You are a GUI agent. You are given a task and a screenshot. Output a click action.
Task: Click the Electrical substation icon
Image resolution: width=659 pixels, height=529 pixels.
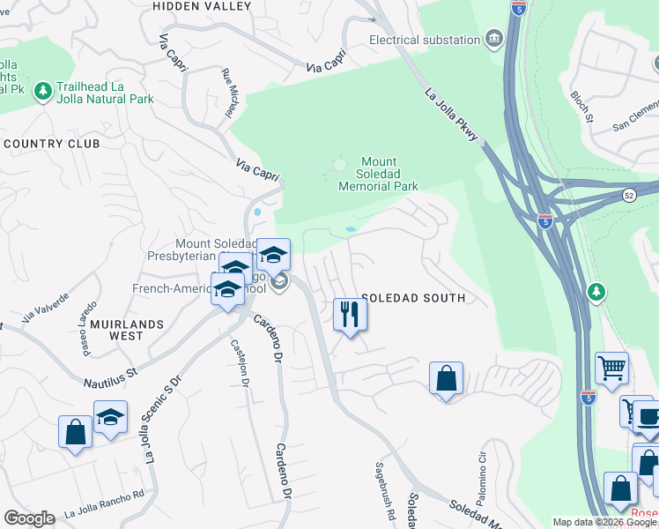492,39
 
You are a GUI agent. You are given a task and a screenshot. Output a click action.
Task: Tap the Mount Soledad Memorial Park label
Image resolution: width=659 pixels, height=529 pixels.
378,174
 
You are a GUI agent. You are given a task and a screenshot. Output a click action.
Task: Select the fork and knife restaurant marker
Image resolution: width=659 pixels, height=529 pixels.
350,315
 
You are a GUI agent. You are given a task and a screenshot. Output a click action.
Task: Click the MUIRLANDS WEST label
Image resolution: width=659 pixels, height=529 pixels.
127,330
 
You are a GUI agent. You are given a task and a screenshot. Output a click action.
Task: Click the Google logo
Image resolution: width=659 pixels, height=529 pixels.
29,518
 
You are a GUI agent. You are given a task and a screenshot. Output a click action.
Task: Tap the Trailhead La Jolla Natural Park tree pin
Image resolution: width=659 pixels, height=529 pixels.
41,90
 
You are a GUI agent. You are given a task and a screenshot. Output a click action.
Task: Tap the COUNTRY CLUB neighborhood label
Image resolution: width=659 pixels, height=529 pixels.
51,143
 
